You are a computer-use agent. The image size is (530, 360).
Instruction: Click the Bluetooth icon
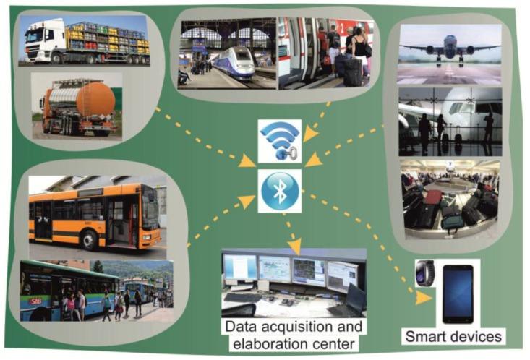pos(280,191)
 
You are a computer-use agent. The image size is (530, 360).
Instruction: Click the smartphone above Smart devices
pos(457,293)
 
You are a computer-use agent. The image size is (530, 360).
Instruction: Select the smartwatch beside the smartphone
pos(424,273)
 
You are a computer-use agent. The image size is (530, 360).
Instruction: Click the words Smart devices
pos(453,336)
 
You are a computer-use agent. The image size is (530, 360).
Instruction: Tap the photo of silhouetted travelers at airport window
pos(449,122)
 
